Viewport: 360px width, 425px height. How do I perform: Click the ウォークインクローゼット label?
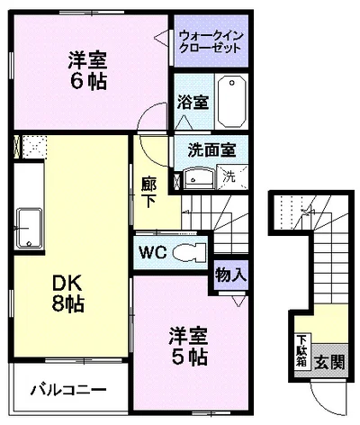pyautogui.click(x=210, y=41)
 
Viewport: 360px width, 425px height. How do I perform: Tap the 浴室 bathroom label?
pyautogui.click(x=192, y=101)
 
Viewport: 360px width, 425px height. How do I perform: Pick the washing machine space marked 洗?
pyautogui.click(x=229, y=176)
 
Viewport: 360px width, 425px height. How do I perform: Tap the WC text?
pyautogui.click(x=152, y=251)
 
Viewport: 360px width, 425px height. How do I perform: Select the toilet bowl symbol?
pyautogui.click(x=188, y=251)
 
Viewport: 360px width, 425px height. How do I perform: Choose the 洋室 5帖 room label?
pyautogui.click(x=188, y=345)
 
